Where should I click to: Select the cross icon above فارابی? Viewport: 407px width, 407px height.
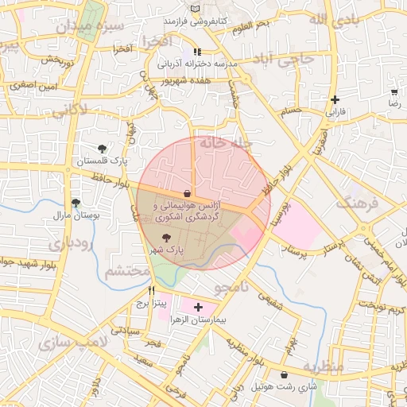335,100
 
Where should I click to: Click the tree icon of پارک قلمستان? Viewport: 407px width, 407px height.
102,148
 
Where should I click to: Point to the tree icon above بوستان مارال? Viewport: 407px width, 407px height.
76,203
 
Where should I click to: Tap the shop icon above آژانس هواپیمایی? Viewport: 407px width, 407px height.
187,193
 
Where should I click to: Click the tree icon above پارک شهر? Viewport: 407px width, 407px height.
166,238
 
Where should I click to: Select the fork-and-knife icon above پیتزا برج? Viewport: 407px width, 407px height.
151,290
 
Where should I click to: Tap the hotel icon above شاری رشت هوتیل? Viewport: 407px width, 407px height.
285,375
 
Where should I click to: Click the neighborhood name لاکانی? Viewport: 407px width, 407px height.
70,112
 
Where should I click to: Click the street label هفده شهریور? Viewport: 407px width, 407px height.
184,80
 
